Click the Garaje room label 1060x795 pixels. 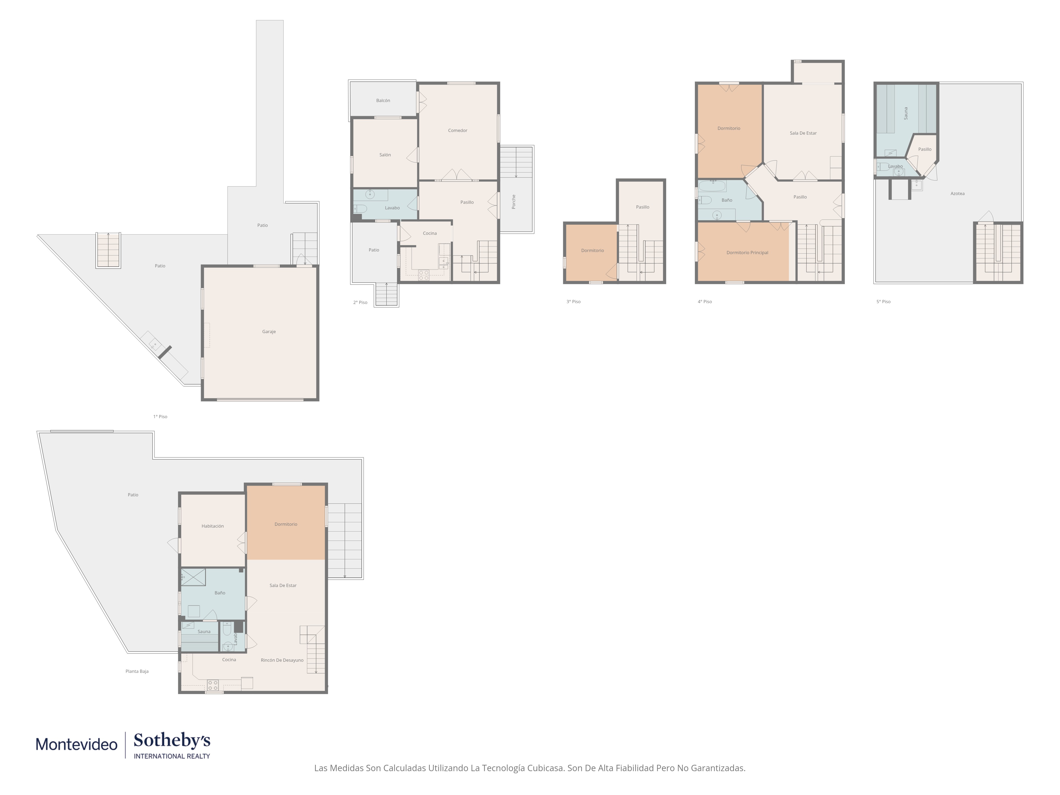pos(269,332)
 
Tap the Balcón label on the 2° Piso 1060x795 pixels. pos(383,101)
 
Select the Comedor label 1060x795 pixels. pos(458,130)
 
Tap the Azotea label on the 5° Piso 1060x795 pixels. pos(957,194)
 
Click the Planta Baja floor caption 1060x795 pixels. pos(137,671)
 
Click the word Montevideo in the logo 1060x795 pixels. pos(77,744)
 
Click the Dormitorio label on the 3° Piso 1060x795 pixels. pos(592,251)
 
